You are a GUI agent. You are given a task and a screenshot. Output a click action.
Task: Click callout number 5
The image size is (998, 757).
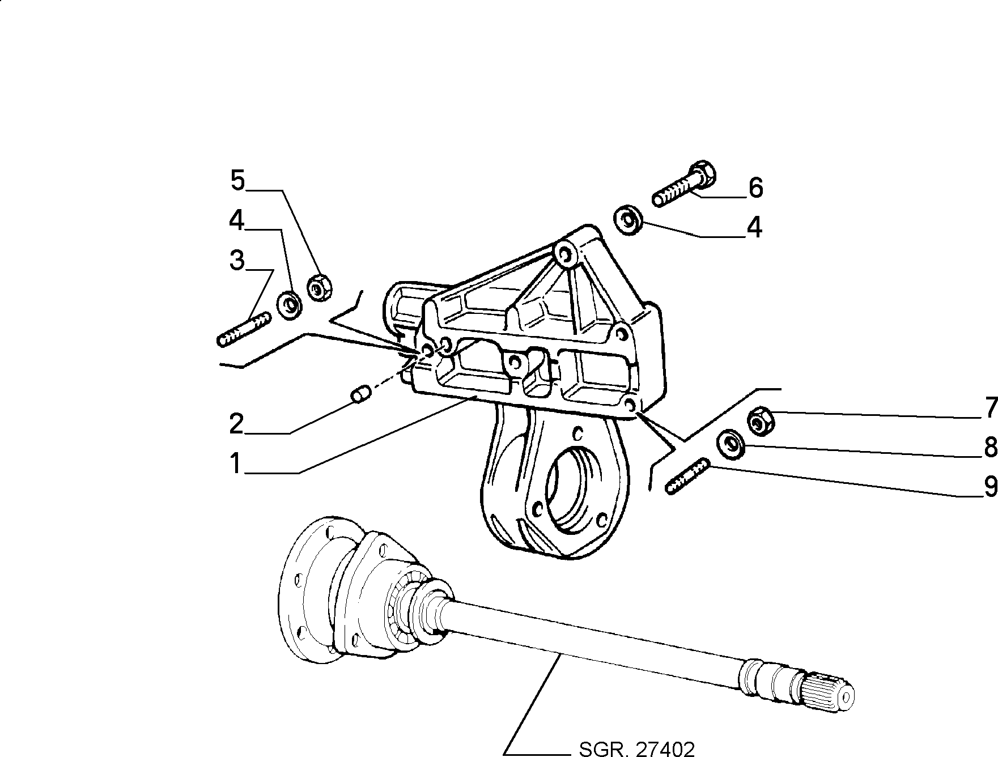click(x=237, y=181)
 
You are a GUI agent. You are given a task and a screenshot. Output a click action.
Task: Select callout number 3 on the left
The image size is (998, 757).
click(x=237, y=261)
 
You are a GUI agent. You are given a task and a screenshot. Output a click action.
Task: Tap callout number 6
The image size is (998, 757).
click(x=755, y=188)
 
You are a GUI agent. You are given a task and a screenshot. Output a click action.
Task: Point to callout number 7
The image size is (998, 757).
click(x=989, y=407)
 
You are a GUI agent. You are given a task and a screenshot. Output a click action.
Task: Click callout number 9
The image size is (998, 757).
click(x=989, y=486)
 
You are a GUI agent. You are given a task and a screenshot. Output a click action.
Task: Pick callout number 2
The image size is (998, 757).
click(x=237, y=423)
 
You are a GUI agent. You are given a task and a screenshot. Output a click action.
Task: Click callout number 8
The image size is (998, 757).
click(x=989, y=447)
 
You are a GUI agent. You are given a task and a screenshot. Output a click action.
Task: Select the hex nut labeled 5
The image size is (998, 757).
click(x=320, y=287)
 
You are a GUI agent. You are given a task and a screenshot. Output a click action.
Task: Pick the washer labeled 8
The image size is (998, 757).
click(x=732, y=445)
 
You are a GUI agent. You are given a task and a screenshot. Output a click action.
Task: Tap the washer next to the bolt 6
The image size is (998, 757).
click(x=628, y=220)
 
